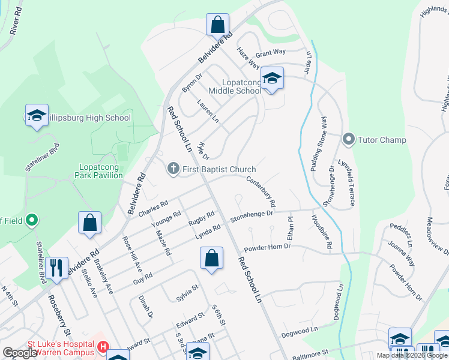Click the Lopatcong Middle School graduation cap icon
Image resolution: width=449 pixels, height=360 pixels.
[x=272, y=78]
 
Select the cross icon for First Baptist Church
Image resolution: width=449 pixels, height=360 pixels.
[x=173, y=169]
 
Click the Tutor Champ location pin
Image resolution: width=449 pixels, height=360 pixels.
[x=348, y=140]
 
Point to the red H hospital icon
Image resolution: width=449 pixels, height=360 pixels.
[x=103, y=346]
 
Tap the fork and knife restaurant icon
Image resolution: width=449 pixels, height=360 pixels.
[x=56, y=268]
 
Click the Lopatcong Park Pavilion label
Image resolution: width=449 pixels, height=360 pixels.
[x=100, y=171]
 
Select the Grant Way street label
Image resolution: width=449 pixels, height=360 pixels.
[x=271, y=53]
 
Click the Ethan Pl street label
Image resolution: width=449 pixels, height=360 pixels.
[x=289, y=229]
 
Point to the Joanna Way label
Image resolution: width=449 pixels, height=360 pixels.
[x=401, y=253]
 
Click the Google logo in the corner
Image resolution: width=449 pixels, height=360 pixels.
[x=20, y=353]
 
